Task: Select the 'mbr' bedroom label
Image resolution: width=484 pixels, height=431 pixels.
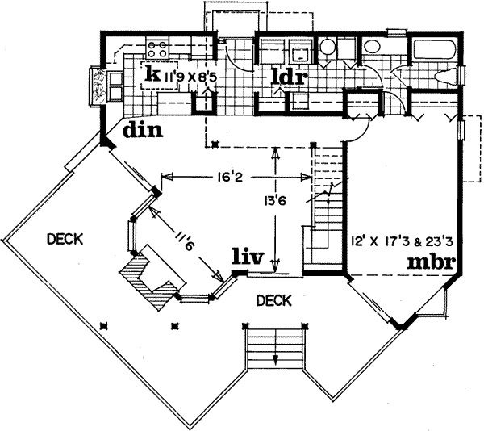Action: coord(432,262)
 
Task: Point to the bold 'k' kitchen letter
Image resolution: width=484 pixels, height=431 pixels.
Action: coord(151,73)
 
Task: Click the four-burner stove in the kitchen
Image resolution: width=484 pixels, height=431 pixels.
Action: coord(156,48)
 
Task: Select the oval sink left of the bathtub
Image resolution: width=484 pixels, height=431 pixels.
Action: coord(373,47)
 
